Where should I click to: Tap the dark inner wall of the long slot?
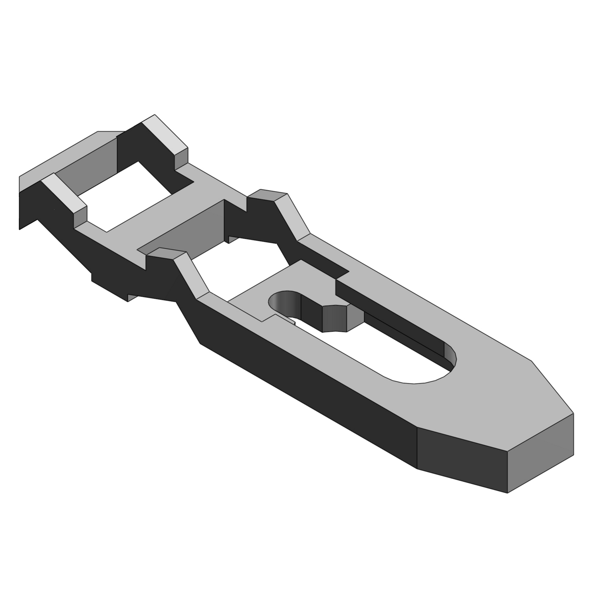(399, 323)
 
